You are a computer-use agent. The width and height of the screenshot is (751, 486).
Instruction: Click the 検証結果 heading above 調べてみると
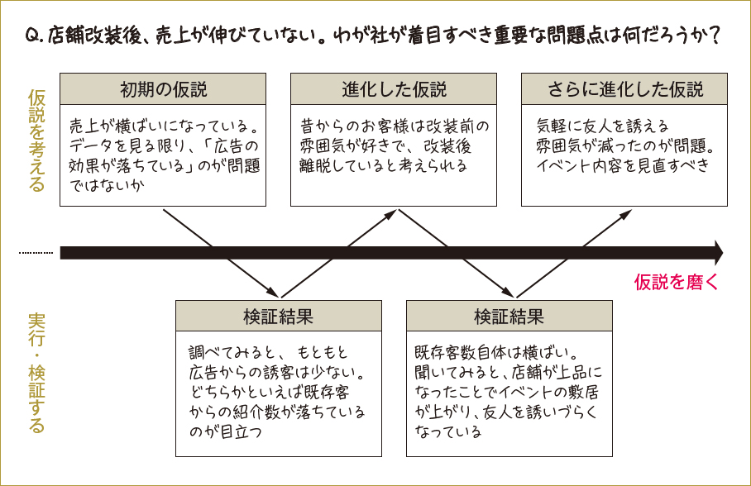pos(278,317)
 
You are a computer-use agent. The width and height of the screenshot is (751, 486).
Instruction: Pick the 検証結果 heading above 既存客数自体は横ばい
pos(509,317)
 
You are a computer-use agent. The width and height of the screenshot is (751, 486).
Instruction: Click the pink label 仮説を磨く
pos(676,282)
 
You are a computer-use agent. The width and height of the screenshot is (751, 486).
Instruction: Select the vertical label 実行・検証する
pos(36,373)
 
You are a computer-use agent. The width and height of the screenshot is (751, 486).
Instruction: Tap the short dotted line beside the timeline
pos(36,253)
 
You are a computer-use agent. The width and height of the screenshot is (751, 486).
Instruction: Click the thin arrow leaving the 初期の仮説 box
pos(219,251)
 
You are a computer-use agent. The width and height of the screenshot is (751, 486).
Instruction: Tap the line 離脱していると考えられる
pos(383,165)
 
